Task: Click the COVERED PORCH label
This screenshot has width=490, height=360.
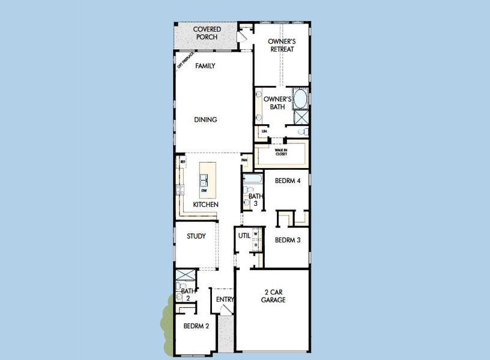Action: click(207, 33)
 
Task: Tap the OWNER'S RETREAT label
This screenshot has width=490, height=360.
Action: click(281, 45)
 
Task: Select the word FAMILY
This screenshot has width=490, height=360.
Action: click(205, 66)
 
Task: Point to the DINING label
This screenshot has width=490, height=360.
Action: click(205, 119)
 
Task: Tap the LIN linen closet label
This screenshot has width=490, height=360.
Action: click(264, 130)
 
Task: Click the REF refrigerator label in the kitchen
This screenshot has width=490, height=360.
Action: click(183, 161)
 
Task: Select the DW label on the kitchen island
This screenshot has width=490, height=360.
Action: click(204, 191)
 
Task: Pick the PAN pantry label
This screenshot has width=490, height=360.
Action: click(244, 160)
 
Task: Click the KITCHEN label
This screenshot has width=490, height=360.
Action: click(205, 205)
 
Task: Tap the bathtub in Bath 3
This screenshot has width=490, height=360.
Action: click(252, 178)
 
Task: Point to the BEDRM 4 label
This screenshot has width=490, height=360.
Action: click(287, 181)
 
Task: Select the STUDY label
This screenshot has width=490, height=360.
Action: click(196, 236)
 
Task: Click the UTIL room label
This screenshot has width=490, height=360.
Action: click(244, 236)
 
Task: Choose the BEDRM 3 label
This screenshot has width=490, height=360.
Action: click(287, 240)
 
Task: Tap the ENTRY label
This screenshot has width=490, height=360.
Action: click(223, 298)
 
